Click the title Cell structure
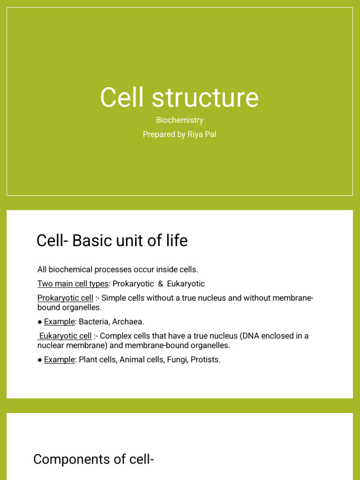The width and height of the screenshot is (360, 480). coord(180,97)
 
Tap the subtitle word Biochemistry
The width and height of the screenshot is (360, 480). coord(180,120)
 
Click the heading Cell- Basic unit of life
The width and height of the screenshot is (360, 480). coord(112,240)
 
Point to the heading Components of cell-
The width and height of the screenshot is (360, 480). coord(94,459)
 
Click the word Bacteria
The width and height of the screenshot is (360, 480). coord(93,322)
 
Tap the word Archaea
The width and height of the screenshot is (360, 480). coord(128,322)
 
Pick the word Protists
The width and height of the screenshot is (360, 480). coord(205,360)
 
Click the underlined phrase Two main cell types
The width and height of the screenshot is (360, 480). coord(73,284)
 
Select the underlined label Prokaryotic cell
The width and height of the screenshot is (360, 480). coord(65,298)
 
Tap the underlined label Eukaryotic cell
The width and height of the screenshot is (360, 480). coord(66,336)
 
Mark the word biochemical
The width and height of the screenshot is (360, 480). coord(70,270)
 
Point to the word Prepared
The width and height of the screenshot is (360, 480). coord(158,135)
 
